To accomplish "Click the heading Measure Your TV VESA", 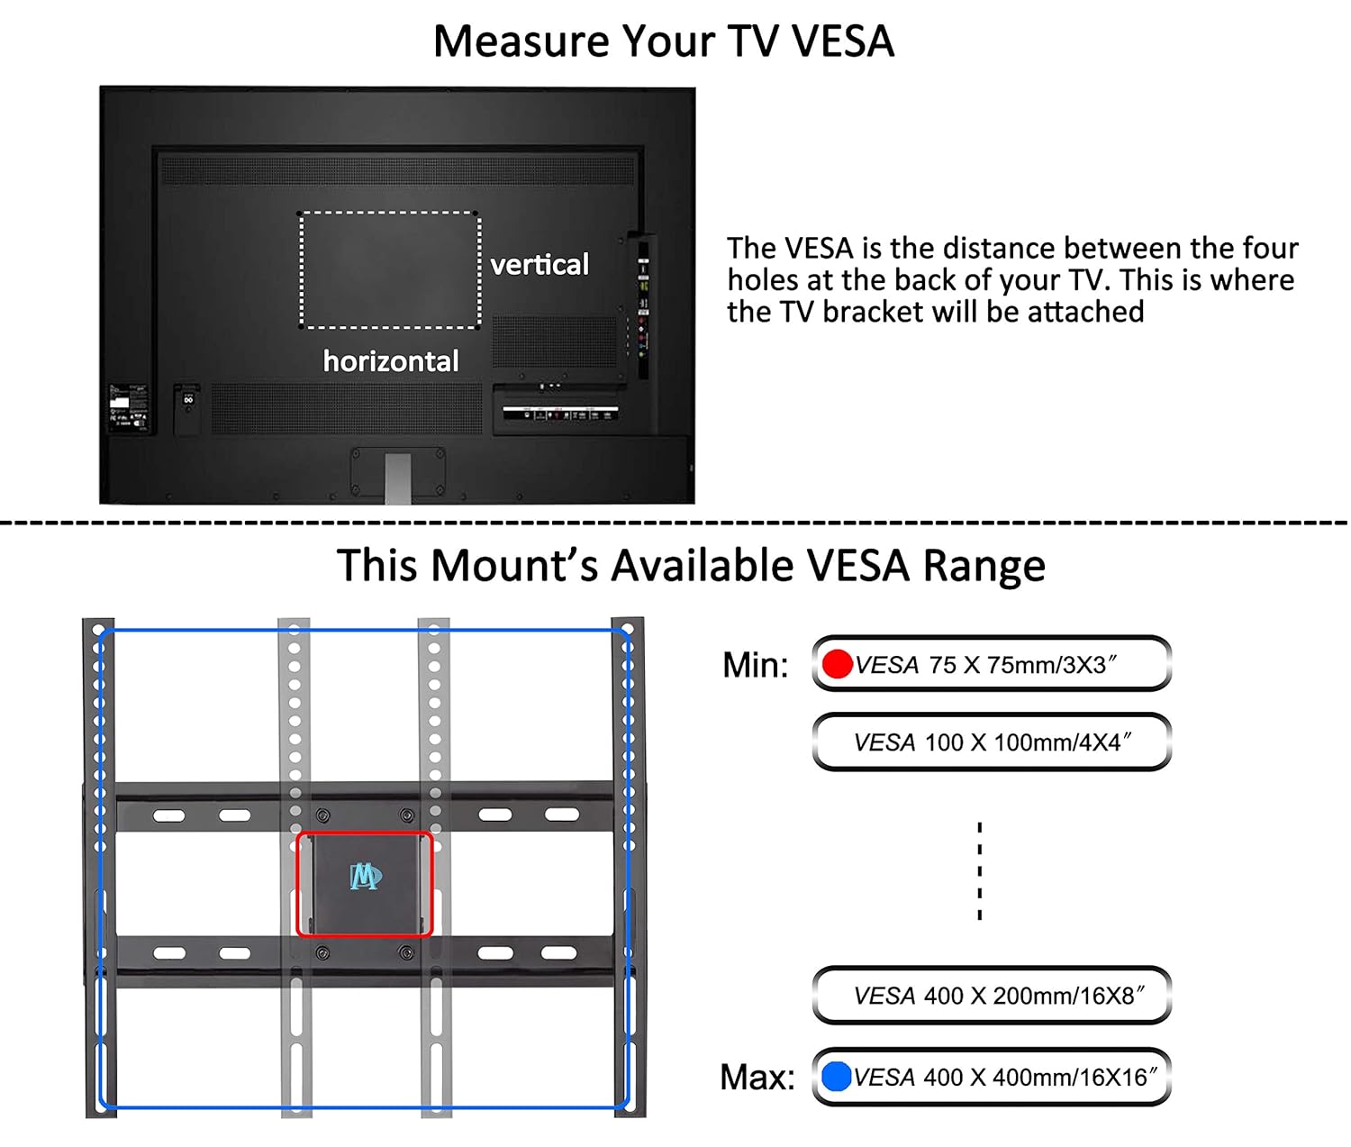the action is pos(664,41).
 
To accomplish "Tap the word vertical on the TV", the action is pos(539,265).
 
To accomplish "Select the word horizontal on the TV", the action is pos(391,361).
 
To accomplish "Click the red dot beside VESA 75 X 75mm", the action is pos(838,664).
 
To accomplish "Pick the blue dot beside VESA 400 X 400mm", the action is pos(836,1077).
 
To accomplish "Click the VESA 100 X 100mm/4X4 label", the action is pos(993,742).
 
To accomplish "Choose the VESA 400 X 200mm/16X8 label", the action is pos(999,996).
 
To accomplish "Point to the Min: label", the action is pos(755,665).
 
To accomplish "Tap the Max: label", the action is pos(757,1077).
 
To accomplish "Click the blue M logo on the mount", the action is pos(366,877).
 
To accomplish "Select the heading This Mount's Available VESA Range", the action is pos(691,565).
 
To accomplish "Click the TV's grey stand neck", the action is pos(398,478).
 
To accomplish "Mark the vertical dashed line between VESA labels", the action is pos(980,871).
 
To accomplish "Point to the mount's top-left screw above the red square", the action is pos(322,815).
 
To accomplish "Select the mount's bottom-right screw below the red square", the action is pos(406,952).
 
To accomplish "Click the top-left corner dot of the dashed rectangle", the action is pos(300,214).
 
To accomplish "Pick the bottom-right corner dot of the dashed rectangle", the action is pos(479,327).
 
